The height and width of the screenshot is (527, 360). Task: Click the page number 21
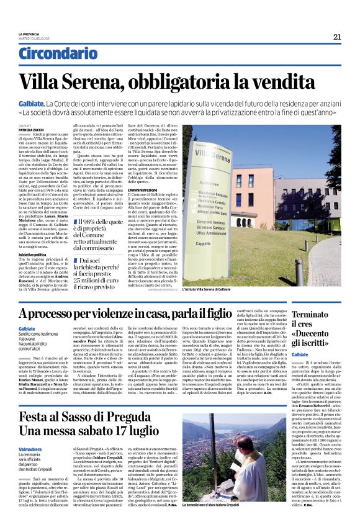(336, 36)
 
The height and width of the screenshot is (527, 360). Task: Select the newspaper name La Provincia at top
(28, 34)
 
